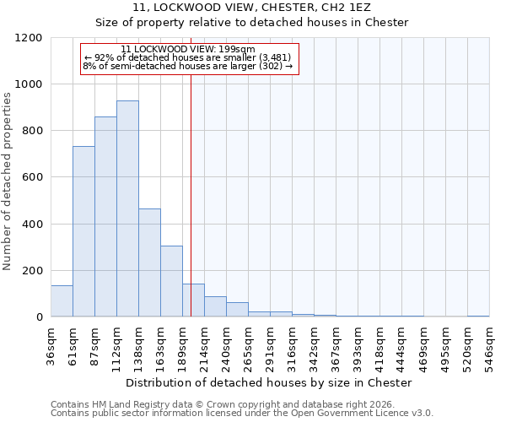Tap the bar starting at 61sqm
point(83,231)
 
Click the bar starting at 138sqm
point(149,262)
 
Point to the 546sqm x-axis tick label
point(490,344)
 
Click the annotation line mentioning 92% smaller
point(188,57)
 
